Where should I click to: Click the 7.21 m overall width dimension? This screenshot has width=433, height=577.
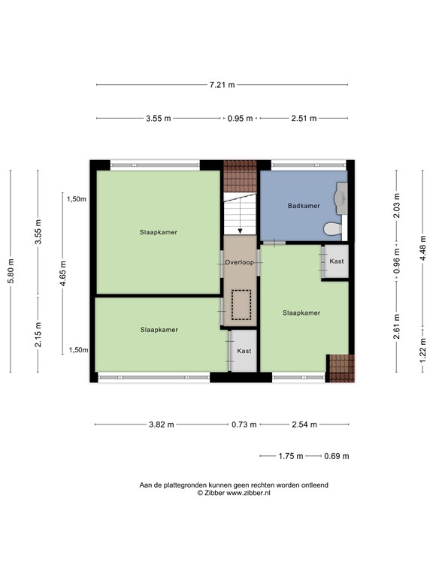point(222,85)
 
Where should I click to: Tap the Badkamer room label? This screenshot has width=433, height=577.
point(304,206)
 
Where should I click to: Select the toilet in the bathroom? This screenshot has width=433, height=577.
point(333,229)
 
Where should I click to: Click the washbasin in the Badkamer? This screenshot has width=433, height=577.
point(341,198)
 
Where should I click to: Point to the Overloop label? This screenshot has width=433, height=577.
point(239,262)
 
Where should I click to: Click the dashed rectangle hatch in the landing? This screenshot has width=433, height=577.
point(241,305)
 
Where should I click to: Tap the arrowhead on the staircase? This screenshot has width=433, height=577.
point(240,231)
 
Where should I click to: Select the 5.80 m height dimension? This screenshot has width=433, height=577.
point(11,271)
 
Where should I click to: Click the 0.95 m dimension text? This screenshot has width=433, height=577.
point(240,119)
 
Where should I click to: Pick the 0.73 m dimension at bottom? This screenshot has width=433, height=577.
point(244,424)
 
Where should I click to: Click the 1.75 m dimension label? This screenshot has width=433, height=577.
point(291,456)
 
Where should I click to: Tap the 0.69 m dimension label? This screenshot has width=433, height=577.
point(337,456)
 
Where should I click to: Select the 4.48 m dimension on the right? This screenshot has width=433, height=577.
point(422,249)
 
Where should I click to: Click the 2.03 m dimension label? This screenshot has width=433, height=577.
point(397,205)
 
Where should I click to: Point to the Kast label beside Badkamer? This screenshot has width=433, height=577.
point(337,261)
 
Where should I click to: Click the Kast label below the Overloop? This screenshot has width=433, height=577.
point(244,351)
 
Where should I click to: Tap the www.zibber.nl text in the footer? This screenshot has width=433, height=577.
point(248,493)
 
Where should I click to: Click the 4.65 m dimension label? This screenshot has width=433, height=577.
point(63,273)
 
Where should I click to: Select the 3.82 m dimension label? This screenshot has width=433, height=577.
point(162,424)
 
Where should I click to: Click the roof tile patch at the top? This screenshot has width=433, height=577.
point(240,177)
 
